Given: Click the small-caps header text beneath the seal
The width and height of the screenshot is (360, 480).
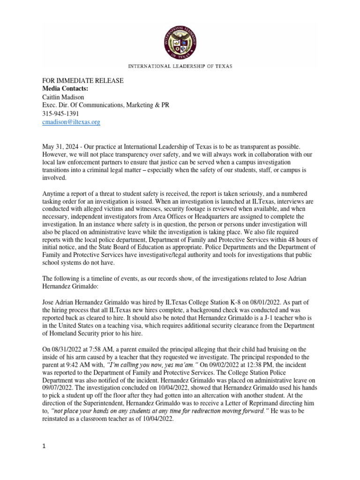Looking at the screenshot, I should pos(180,67).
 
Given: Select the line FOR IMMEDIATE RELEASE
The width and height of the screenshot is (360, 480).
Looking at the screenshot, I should pos(83,81).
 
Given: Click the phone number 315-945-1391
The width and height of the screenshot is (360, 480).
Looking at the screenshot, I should pos(60,113).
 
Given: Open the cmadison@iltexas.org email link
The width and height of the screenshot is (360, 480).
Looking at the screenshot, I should pos(71,122).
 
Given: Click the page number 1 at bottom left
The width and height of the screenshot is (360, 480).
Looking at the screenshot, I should pos(44,447).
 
